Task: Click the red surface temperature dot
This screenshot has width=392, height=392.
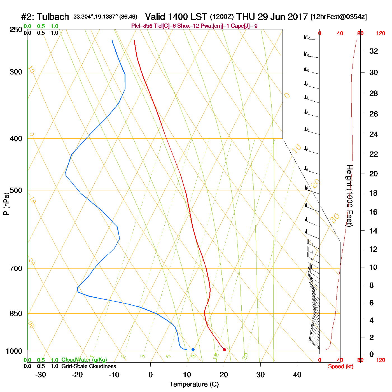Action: (224, 349)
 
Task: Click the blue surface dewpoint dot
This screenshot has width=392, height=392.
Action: (193, 349)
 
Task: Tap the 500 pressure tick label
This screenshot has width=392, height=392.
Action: (16, 190)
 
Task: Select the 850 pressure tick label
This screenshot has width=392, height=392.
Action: (16, 314)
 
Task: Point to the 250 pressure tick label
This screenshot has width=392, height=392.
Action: (16, 30)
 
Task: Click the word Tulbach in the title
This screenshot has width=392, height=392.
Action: (53, 17)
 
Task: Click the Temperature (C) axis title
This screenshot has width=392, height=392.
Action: (194, 384)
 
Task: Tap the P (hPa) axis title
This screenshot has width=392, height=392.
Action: (6, 204)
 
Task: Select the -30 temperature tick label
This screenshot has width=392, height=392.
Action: (41, 375)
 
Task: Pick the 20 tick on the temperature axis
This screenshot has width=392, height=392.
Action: (224, 375)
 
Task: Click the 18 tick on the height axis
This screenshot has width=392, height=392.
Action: (373, 193)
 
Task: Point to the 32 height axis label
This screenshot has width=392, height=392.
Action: (374, 51)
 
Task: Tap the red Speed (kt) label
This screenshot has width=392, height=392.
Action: (340, 367)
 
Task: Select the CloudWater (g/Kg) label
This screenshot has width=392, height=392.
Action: (84, 360)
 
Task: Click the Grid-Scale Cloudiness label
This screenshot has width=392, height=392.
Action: (89, 366)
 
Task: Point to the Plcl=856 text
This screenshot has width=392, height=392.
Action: (142, 26)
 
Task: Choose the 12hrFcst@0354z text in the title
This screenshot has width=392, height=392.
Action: (339, 17)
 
